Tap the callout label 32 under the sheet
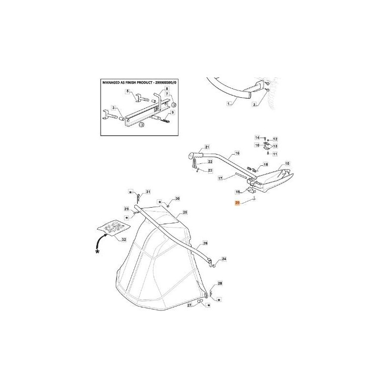coord(124,240)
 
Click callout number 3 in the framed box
coord(113,107)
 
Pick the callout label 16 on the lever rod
coord(237,153)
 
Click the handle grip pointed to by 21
coord(193,155)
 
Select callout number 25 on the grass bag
coord(185,212)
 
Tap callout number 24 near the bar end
coord(224,260)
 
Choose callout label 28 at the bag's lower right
coord(220,283)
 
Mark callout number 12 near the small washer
coord(275,139)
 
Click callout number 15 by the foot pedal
coord(287,164)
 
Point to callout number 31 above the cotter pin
coord(149,192)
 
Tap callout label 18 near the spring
coord(265,165)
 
